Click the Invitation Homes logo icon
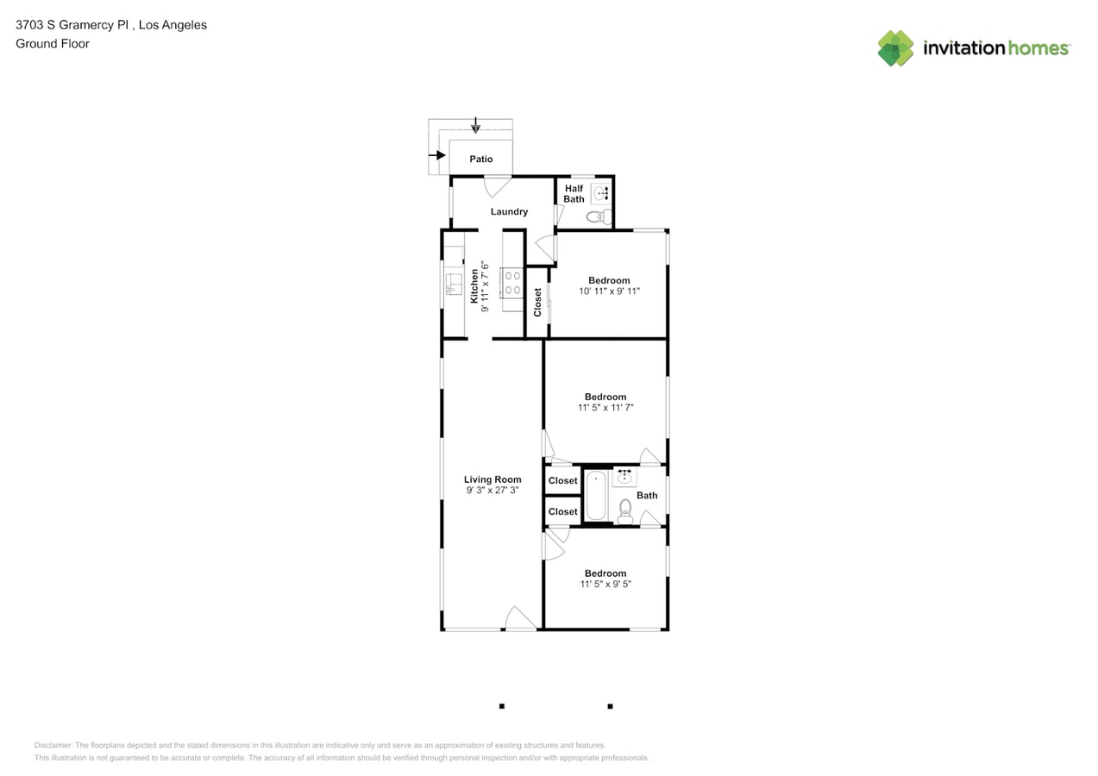click(895, 48)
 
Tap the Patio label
click(481, 159)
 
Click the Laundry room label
click(509, 211)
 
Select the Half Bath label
click(574, 194)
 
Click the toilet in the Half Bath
click(598, 216)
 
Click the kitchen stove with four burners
click(511, 283)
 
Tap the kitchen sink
click(452, 283)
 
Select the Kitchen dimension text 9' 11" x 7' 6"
click(486, 286)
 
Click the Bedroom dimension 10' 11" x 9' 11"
click(609, 291)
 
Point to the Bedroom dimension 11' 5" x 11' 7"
click(605, 408)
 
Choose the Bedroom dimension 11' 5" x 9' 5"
click(605, 585)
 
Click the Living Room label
click(493, 479)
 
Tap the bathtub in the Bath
click(596, 495)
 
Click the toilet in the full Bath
click(625, 511)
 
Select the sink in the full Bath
click(624, 476)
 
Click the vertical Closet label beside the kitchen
click(537, 302)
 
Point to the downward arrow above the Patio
click(475, 128)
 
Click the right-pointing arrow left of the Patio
click(437, 155)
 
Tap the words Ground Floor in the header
click(53, 44)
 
